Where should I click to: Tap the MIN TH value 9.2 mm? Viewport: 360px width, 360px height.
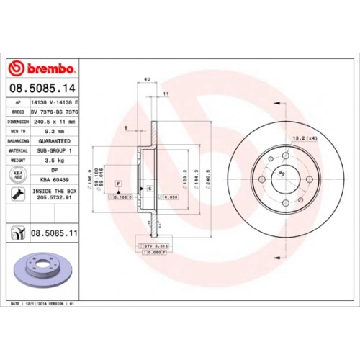(50, 132)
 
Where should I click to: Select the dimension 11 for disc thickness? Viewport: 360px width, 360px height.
(165, 94)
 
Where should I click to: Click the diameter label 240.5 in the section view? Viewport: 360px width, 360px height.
(207, 174)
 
